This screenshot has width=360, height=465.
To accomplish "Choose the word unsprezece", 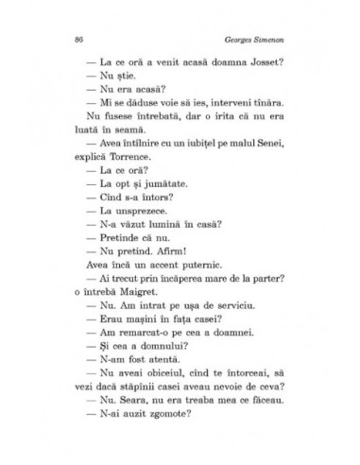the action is [x=137, y=208].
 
